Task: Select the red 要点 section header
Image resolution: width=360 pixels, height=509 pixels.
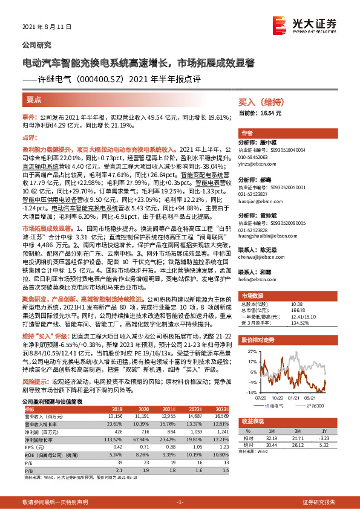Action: point(34,99)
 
